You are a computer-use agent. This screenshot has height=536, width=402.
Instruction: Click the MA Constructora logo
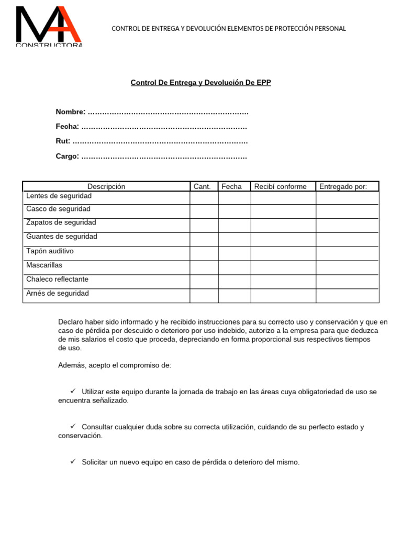pos(49,26)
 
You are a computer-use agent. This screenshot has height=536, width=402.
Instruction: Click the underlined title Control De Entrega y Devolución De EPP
pos(200,83)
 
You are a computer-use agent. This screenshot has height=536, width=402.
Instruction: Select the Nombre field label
pos(70,112)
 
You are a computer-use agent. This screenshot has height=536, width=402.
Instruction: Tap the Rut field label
pos(63,141)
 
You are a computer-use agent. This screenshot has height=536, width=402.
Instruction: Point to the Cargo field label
pos(67,156)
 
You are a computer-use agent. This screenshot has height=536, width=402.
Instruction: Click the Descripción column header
pos(106,186)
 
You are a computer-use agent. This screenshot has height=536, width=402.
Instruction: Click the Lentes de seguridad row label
pos(59,196)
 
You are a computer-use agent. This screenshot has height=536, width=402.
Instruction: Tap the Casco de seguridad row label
pos(58,209)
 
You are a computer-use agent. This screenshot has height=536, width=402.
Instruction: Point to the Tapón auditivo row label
pos(50,251)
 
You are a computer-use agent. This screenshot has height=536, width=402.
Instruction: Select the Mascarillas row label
pos(44,265)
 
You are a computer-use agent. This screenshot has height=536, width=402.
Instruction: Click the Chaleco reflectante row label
pos(57,280)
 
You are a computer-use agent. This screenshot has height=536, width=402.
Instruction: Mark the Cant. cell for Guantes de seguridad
pos(204,239)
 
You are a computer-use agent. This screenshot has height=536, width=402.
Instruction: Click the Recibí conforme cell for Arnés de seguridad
pos(283,296)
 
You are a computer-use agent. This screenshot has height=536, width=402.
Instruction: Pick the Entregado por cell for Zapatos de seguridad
pos(347,225)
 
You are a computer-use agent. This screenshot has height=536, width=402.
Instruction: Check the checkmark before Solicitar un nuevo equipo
pos(73,462)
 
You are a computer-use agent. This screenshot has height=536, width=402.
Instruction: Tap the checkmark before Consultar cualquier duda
pos(73,426)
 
